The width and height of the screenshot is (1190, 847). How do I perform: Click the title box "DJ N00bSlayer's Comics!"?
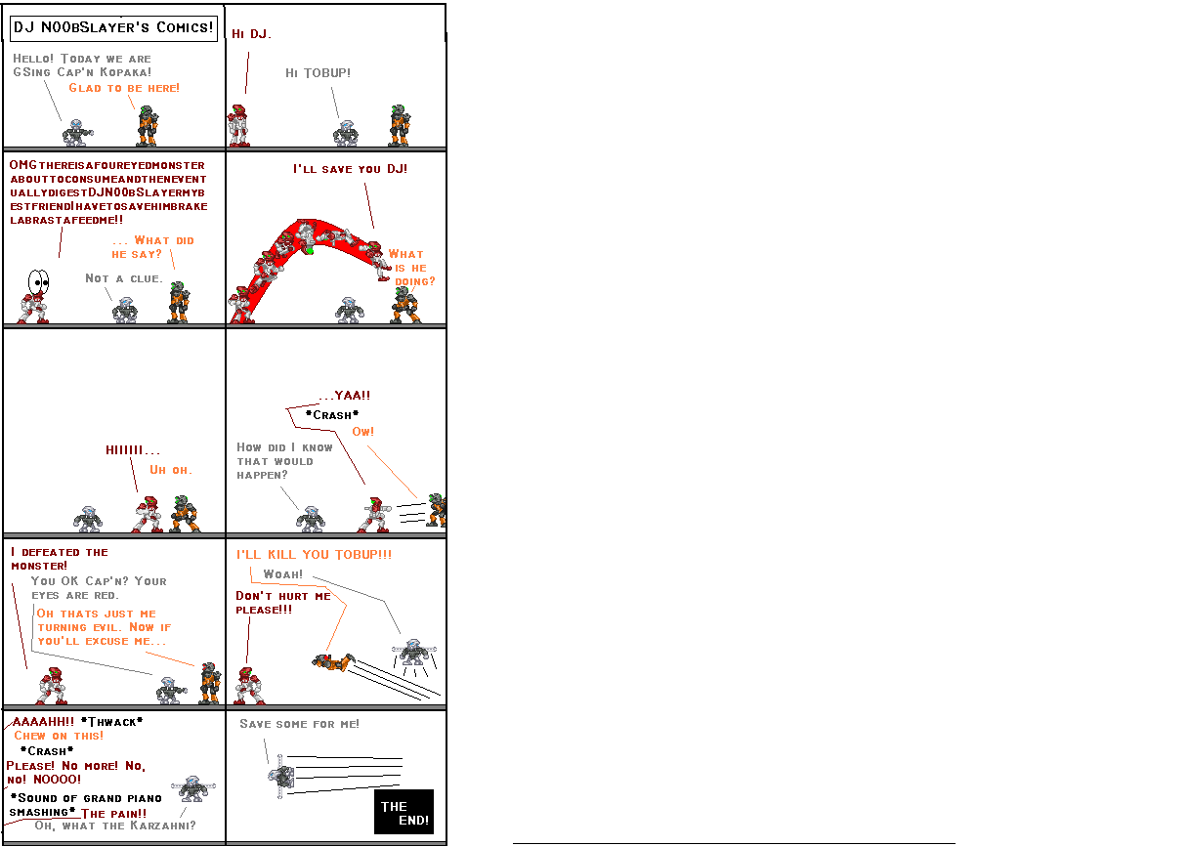coord(112,27)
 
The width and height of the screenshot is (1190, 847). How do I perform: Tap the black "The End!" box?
coord(404,812)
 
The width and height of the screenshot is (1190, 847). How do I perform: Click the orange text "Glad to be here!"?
coord(124,88)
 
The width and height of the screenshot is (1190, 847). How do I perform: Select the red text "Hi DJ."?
coord(251,34)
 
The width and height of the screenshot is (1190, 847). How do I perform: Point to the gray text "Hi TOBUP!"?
coord(318,73)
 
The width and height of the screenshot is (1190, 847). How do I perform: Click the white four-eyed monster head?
coord(38,282)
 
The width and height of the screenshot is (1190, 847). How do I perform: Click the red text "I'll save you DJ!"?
coord(350,169)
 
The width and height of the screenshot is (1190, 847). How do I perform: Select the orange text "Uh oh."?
coord(171,470)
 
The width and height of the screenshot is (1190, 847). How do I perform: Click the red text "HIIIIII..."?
coord(133,450)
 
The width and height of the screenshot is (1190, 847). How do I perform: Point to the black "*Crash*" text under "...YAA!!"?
coord(332,415)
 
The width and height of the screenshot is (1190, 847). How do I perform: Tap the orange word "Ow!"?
coord(363,432)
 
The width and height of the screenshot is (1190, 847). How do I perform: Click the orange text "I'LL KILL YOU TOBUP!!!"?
coord(314,555)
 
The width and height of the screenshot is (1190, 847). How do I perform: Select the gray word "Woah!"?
coord(283,574)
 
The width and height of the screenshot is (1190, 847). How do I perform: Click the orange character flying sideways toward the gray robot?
coord(333,662)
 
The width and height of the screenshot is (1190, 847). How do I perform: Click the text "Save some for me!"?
coord(299,724)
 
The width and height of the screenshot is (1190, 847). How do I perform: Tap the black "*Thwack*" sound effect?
coord(112,722)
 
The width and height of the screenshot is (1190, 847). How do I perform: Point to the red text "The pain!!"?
coord(114,813)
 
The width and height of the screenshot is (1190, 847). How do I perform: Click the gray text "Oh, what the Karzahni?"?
coord(114,826)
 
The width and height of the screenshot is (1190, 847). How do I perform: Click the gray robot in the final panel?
coord(282,777)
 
